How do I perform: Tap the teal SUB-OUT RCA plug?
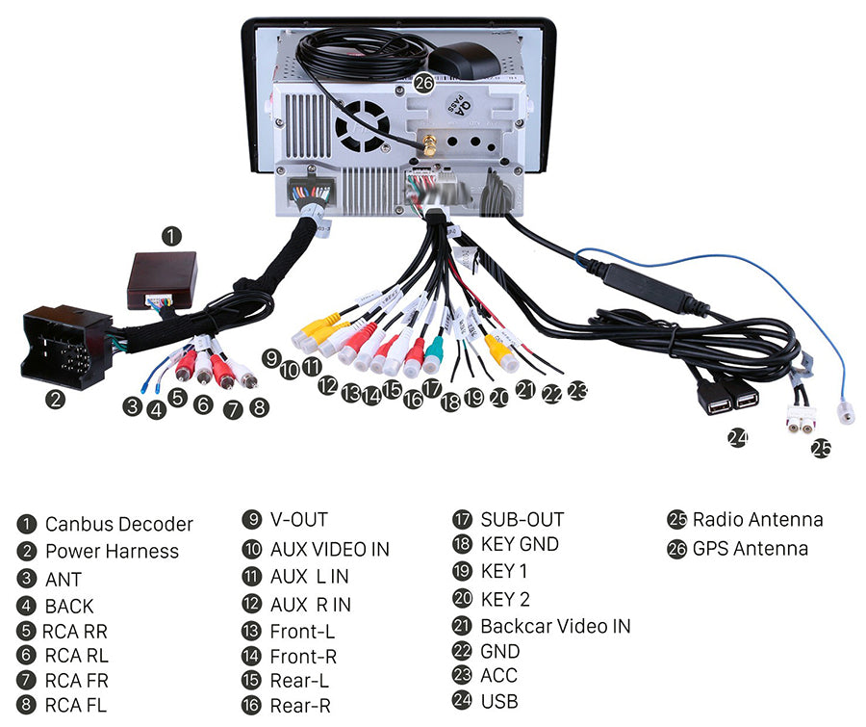point(434,356)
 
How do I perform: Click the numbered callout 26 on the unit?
point(424,84)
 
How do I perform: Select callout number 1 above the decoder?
point(170,234)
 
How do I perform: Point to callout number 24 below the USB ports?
point(737,438)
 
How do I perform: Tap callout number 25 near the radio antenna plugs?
point(821,448)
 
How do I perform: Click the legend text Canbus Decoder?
point(118,525)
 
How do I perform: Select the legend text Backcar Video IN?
point(555,626)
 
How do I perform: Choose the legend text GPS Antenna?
point(750,549)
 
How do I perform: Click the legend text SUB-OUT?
point(522,520)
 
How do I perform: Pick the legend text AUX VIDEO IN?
point(329,549)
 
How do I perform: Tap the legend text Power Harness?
point(112,552)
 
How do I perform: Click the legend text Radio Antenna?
point(757,520)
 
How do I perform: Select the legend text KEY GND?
point(520,544)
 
